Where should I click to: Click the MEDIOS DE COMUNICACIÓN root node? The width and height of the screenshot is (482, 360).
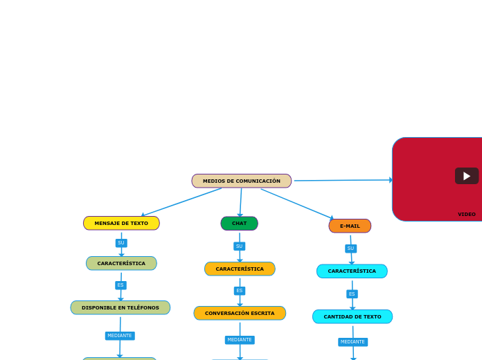[x=241, y=181]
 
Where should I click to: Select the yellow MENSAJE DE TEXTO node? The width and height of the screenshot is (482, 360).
[x=121, y=223]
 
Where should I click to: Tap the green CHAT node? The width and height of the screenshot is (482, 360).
[x=239, y=223]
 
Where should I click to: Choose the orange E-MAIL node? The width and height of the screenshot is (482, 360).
[x=350, y=226]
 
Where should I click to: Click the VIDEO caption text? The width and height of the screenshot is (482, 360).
[x=466, y=214]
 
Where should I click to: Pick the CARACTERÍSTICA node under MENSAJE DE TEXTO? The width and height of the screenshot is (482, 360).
[x=121, y=263]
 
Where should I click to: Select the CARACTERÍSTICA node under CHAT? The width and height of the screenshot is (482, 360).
[x=240, y=269]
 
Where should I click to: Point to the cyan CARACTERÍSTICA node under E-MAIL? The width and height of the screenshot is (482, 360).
[x=352, y=271]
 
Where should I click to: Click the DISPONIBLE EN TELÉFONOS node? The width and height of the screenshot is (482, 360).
[x=120, y=307]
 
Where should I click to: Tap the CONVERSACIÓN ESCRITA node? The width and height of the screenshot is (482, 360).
[x=240, y=313]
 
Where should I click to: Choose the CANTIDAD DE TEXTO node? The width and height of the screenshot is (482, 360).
[x=352, y=316]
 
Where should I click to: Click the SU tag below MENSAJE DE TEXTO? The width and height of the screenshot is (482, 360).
[x=121, y=243]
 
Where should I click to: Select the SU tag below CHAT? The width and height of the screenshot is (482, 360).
[x=239, y=246]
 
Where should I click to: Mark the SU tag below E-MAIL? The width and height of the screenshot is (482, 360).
[x=350, y=248]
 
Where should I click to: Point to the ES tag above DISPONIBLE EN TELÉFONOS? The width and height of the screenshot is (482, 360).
[x=120, y=285]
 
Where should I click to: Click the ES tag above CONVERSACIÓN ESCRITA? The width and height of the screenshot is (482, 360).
[x=240, y=291]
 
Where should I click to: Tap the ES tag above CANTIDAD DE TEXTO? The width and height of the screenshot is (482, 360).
[x=352, y=294]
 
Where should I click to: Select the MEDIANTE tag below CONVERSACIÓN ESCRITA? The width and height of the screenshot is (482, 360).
[x=240, y=340]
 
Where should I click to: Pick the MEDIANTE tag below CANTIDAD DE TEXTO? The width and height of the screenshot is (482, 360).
[x=352, y=341]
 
